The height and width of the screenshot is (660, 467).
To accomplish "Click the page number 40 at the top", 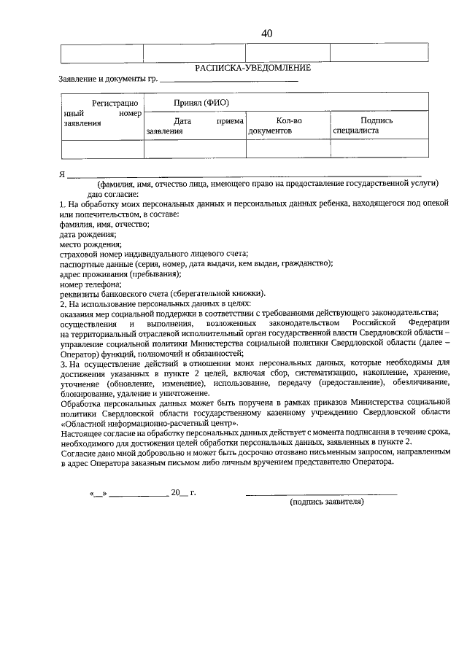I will [x=266, y=34].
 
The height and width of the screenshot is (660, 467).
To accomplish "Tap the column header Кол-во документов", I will [x=287, y=125].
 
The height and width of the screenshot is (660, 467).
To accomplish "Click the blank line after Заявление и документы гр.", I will [x=228, y=79].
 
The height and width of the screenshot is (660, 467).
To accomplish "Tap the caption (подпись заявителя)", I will [x=326, y=502].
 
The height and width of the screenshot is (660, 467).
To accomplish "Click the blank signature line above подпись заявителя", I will [x=321, y=494].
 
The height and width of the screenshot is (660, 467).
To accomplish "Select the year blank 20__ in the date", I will [x=179, y=493].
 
